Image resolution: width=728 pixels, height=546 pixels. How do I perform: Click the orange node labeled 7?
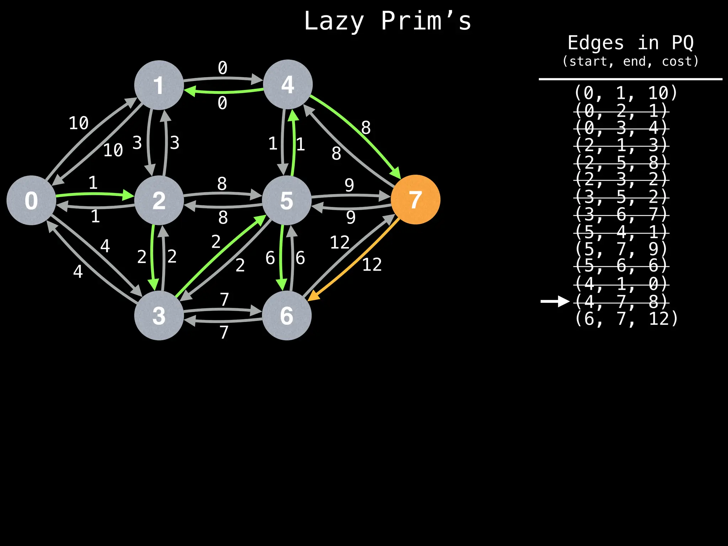pyautogui.click(x=415, y=199)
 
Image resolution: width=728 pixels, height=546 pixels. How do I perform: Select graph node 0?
pyautogui.click(x=31, y=200)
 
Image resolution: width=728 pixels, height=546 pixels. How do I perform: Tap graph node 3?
pyautogui.click(x=159, y=315)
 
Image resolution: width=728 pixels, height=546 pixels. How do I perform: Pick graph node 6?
pyautogui.click(x=287, y=315)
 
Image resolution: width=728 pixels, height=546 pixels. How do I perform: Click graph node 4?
pyautogui.click(x=288, y=85)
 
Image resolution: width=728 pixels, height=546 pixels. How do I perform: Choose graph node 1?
pyautogui.click(x=159, y=85)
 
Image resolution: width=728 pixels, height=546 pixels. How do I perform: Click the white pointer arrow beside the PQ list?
pyautogui.click(x=555, y=301)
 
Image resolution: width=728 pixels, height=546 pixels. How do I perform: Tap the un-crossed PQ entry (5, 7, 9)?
pyautogui.click(x=621, y=249)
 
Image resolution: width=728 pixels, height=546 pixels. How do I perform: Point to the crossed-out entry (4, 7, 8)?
pyautogui.click(x=621, y=301)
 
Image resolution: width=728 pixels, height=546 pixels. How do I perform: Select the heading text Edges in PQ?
pyautogui.click(x=630, y=43)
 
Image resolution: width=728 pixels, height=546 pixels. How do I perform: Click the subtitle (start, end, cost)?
pyautogui.click(x=630, y=61)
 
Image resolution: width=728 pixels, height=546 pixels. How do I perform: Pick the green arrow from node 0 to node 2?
pyautogui.click(x=94, y=194)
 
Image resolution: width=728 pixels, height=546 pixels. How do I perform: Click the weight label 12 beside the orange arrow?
pyautogui.click(x=372, y=265)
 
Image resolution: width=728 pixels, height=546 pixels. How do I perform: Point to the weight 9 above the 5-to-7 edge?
pyautogui.click(x=349, y=185)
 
